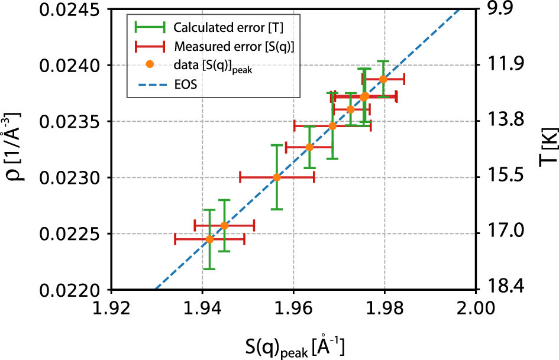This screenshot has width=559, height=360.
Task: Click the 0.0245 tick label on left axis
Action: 66,10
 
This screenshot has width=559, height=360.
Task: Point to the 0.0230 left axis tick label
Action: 66,177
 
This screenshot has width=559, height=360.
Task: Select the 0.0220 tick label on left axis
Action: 66,290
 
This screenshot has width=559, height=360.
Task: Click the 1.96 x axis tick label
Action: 293,308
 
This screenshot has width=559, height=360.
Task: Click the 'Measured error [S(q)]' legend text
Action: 234,46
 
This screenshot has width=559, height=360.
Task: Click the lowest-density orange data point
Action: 209,239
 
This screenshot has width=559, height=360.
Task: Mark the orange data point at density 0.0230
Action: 277,177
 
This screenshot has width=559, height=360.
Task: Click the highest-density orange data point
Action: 383,79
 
